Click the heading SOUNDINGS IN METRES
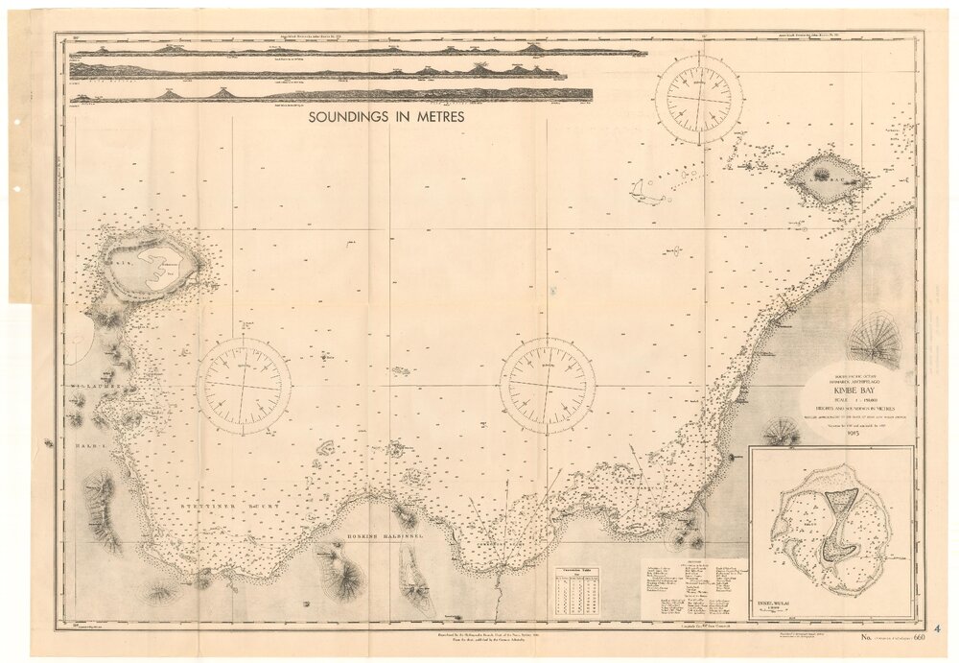(386, 116)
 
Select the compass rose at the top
(698, 99)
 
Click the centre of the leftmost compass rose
(244, 385)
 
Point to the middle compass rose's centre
(548, 386)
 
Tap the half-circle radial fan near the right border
(876, 340)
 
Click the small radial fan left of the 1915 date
(781, 433)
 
